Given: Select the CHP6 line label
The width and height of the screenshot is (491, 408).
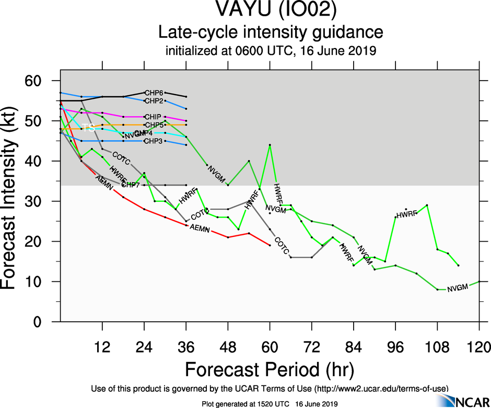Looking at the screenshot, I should tap(154, 93).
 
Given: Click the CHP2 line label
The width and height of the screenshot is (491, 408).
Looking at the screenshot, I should tap(154, 100).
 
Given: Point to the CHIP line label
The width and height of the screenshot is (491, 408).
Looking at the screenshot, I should tap(154, 117).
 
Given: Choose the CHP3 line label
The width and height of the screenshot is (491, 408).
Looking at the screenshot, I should tap(154, 141).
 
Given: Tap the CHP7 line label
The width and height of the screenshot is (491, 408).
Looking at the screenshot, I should tap(131, 185).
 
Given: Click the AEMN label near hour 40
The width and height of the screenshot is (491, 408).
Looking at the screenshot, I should tap(199, 228).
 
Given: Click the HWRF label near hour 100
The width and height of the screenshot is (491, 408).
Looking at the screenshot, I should tap(406, 214).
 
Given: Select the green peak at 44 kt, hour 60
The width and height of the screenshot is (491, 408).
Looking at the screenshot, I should tap(270, 145).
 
